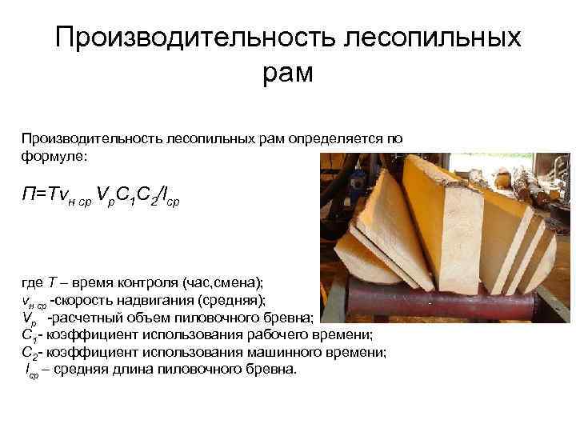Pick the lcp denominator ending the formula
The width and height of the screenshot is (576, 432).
[x=170, y=194]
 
